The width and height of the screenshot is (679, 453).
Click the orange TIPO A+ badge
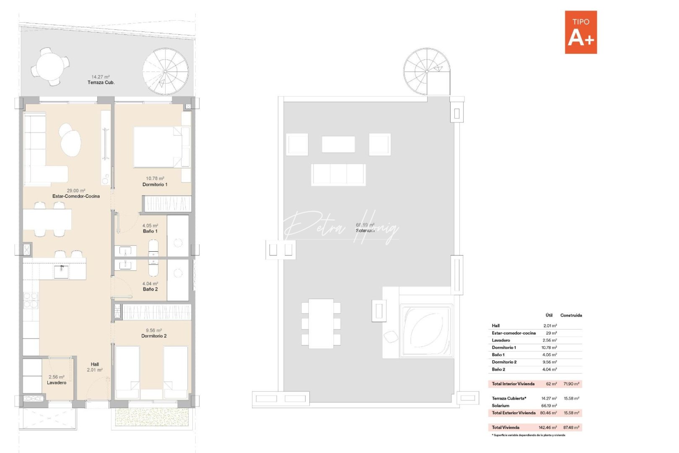click(581, 32)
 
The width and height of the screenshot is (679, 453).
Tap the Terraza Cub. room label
click(101, 83)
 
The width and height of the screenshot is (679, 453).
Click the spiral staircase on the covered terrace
click(165, 71)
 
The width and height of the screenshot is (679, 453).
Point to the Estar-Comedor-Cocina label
click(76, 196)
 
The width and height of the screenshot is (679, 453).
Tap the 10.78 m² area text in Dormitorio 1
click(155, 179)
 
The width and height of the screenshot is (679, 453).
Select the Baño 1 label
click(150, 231)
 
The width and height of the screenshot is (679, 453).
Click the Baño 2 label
click(150, 289)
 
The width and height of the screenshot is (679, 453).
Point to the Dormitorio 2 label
click(154, 336)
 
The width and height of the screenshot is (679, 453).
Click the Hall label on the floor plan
click(95, 364)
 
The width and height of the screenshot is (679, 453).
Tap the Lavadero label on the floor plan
click(57, 383)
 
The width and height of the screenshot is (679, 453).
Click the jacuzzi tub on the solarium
click(426, 331)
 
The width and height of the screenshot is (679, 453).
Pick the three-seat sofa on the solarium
click(338, 174)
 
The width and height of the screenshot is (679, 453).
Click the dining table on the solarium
click(321, 323)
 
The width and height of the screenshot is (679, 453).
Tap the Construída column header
click(571, 315)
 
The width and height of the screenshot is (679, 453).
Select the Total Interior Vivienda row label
click(513, 384)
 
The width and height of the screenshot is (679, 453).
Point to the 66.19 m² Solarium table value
click(549, 406)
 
